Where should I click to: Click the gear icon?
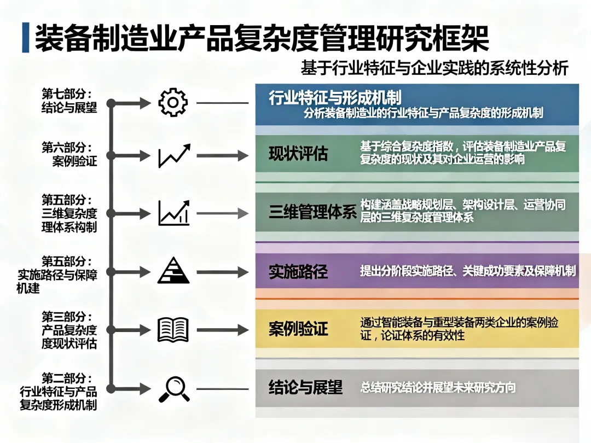173,103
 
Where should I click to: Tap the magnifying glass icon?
173,389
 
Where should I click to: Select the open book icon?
173,330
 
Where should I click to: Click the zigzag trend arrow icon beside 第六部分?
174,156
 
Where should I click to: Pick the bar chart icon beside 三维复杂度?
173,213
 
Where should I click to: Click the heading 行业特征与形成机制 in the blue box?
335,98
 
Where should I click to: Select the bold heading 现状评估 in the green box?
298,154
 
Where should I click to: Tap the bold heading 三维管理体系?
312,212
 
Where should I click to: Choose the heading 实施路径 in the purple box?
298,271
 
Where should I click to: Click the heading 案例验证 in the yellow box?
298,329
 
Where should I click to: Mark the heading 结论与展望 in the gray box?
305,388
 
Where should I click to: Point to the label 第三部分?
67,317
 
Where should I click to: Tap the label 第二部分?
67,378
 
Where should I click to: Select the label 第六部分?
67,148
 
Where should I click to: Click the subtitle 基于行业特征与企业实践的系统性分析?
434,68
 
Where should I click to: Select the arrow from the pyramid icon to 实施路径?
222,272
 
